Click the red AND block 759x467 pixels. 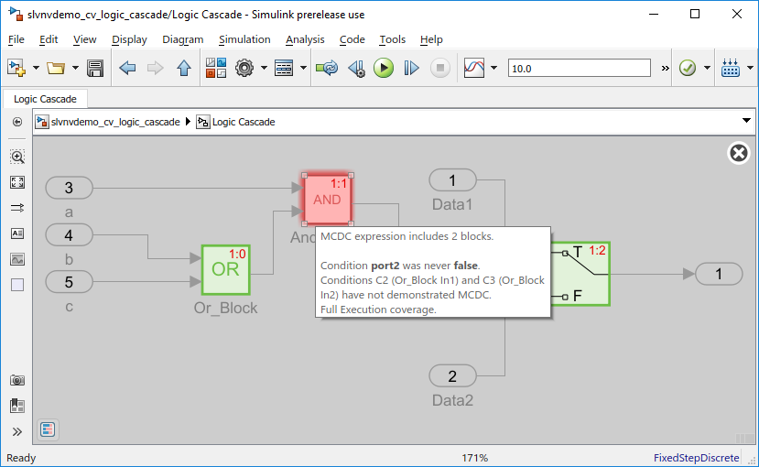pos(327,200)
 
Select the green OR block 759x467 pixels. pos(225,269)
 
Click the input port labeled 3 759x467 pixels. pos(69,188)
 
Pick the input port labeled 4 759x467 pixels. pos(69,235)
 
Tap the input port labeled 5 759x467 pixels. pos(69,282)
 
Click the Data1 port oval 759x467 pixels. pos(452,180)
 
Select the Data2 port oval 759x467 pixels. pos(452,376)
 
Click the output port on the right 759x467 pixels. pos(719,275)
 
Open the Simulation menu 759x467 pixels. pos(244,39)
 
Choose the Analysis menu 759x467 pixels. pos(305,39)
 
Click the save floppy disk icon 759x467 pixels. pos(95,69)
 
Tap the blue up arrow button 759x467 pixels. pos(184,69)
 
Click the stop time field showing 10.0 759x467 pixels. pos(579,69)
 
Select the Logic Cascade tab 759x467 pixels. pos(45,99)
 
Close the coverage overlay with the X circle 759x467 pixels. pos(739,154)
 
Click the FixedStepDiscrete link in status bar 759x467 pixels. pos(696,458)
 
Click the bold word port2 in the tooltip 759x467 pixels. pos(385,266)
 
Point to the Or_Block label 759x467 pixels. pos(225,308)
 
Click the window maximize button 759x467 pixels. pos(695,14)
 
